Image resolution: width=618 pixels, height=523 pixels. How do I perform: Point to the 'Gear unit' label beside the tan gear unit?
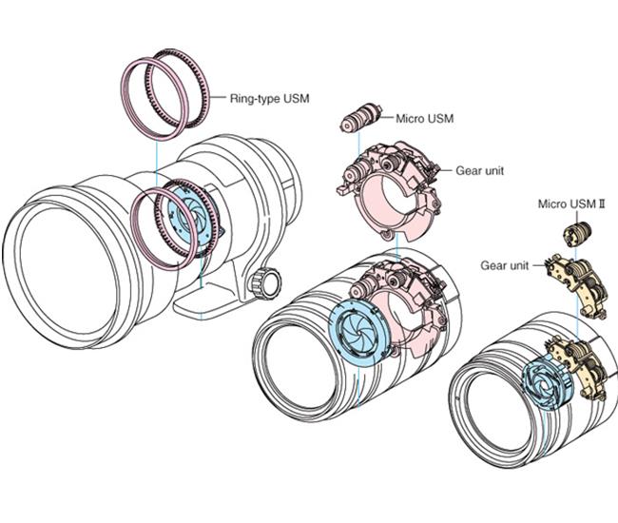coord(505,266)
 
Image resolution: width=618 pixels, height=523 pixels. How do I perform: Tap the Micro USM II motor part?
coord(575,232)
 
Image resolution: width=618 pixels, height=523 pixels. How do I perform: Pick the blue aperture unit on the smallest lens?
coord(545,382)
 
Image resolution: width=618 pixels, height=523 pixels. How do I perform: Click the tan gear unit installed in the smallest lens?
coord(581,366)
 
